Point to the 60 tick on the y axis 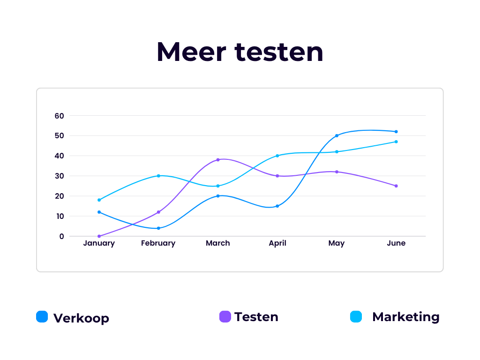coord(59,116)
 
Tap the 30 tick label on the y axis coord(59,176)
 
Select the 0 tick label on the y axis coord(61,236)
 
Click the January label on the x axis coord(99,243)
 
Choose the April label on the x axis coord(277,243)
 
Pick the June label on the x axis coord(396,243)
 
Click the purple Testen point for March coord(218,160)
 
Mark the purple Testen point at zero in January coord(99,236)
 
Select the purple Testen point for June coord(396,186)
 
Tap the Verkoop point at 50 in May coord(337,135)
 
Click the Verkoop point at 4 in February coord(158,228)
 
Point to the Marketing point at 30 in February coord(158,176)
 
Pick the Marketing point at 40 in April coord(277,156)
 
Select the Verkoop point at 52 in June coord(396,132)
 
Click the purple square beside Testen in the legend coord(225,317)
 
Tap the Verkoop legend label coord(81,318)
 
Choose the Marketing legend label coord(405,317)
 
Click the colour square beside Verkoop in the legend coord(42,317)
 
